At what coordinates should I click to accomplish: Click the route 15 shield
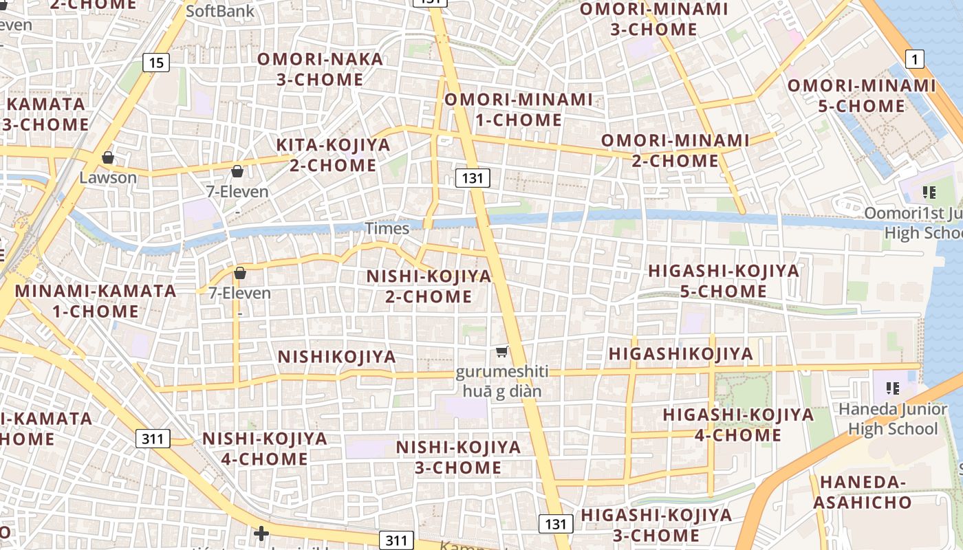coord(157,63)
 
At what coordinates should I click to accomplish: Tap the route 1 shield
coord(914,60)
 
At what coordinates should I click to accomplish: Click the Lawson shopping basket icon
coord(108,158)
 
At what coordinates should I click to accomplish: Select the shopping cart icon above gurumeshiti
coord(502,352)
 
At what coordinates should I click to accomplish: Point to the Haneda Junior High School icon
coord(893,388)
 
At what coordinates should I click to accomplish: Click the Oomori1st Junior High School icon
coord(929,192)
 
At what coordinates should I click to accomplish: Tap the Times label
coord(387,228)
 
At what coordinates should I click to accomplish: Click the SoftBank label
coord(220,11)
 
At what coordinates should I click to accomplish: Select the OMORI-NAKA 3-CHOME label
coord(321,69)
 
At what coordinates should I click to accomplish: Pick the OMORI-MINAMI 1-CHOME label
coord(519,109)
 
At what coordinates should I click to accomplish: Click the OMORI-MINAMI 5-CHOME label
coord(862,96)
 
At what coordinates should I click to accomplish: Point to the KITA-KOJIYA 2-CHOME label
coord(333,155)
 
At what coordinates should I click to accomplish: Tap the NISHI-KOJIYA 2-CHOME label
coord(429,287)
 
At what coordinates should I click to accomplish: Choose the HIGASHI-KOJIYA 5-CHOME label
coord(724,281)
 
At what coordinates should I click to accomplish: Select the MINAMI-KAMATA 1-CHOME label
coord(96,301)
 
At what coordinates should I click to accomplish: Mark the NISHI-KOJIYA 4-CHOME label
coord(264,449)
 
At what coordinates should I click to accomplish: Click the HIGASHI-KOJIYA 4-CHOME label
coord(738,425)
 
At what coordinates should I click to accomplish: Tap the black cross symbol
coord(261,533)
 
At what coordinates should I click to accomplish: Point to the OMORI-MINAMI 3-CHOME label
coord(653,19)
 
